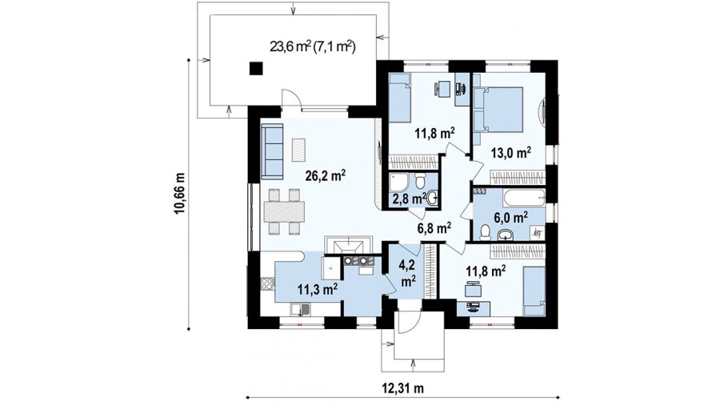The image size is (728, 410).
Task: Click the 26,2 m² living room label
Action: tap(325, 175)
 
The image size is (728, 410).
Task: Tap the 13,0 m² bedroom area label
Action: tap(510, 152)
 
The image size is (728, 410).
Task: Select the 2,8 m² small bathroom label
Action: tap(409, 199)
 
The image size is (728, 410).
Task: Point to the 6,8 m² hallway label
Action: tap(434, 227)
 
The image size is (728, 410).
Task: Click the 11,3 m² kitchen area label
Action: tap(317, 289)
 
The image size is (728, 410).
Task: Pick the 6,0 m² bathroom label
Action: tap(510, 217)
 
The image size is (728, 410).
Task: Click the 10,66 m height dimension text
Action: tap(180, 194)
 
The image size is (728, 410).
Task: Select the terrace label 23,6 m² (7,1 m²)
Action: tap(313, 46)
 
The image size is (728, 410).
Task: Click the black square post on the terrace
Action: tap(256, 69)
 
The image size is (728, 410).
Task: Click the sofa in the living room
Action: tap(272, 151)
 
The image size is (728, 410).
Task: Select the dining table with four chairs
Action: tap(284, 211)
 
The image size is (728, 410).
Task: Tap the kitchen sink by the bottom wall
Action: tap(301, 308)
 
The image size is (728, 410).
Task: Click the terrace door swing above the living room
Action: tap(290, 99)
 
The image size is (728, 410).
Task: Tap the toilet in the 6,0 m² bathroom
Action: tap(485, 232)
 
